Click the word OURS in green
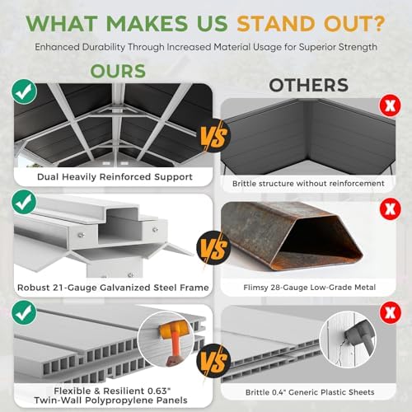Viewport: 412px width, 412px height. click(118, 71)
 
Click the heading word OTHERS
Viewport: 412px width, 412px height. click(309, 85)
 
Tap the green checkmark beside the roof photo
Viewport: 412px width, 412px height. click(24, 91)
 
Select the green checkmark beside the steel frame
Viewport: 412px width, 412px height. click(24, 202)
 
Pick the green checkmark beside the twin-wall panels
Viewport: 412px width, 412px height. click(24, 312)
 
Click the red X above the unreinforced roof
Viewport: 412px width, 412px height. click(390, 105)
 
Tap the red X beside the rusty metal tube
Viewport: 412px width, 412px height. click(390, 209)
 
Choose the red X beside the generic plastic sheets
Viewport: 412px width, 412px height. click(390, 312)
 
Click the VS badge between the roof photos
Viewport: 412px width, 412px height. click(213, 136)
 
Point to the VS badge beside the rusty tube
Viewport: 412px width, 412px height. click(213, 248)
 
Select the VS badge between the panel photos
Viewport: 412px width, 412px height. click(213, 361)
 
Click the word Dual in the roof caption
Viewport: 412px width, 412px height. click(48, 177)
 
